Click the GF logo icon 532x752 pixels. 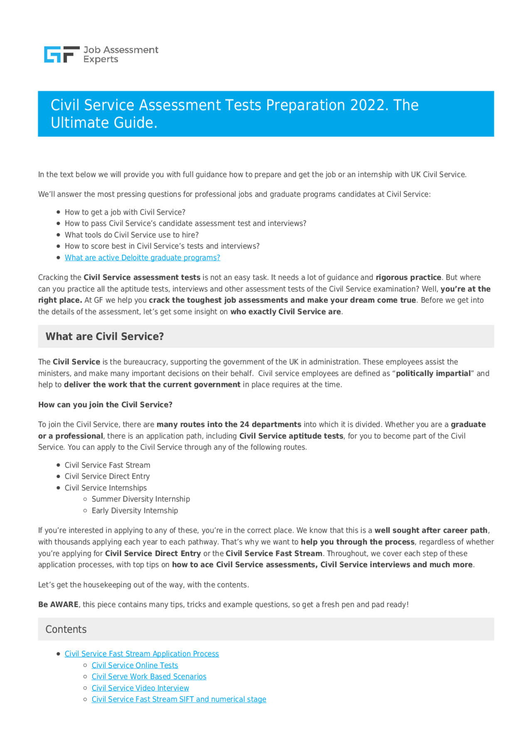(x=62, y=54)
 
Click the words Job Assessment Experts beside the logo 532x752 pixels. (x=120, y=54)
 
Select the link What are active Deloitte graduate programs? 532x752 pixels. (x=142, y=258)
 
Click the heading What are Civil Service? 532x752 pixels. (x=105, y=336)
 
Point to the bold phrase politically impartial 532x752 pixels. (x=433, y=373)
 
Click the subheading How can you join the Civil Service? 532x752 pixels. (x=105, y=405)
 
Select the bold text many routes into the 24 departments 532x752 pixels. (x=229, y=424)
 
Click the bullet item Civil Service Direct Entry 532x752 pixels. (x=107, y=476)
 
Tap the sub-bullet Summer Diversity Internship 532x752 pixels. (x=140, y=499)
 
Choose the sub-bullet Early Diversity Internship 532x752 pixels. (x=135, y=511)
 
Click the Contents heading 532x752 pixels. (x=66, y=630)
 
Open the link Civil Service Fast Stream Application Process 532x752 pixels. (x=142, y=654)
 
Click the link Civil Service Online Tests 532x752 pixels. (x=135, y=665)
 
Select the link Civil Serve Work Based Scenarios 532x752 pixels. (x=149, y=676)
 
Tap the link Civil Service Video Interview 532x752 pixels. (x=140, y=688)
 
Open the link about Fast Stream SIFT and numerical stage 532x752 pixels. (x=179, y=699)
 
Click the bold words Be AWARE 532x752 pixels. (x=58, y=605)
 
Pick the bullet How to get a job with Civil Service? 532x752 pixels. (x=125, y=212)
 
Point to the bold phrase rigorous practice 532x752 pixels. (x=408, y=277)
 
